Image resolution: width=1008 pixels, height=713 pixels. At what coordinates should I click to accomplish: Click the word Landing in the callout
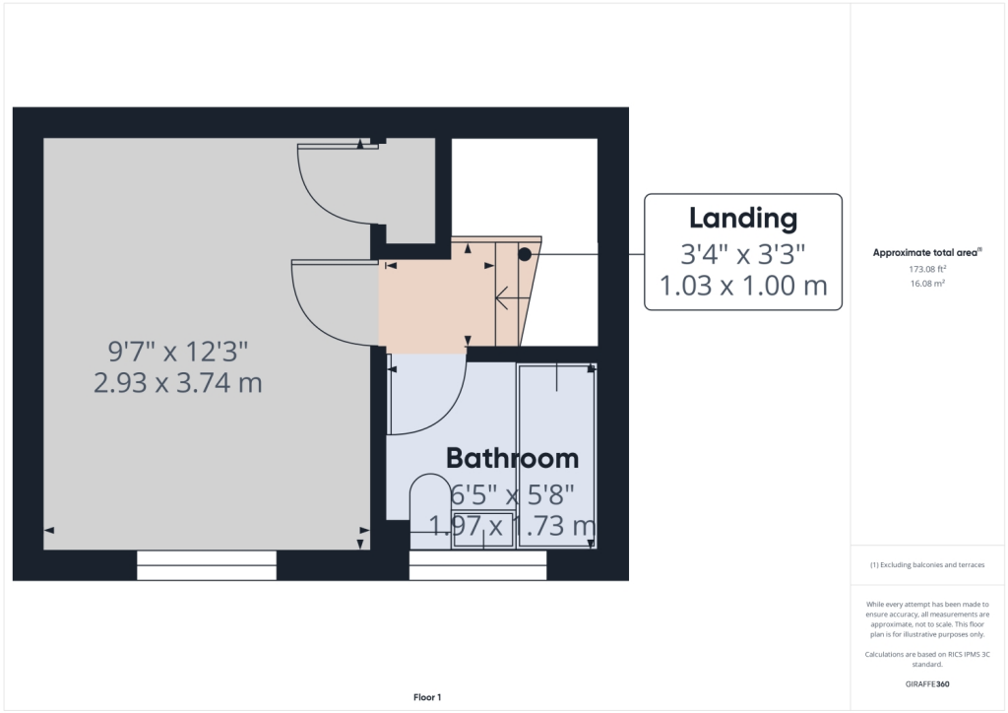743,220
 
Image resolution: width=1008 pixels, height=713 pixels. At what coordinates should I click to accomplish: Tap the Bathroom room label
512,458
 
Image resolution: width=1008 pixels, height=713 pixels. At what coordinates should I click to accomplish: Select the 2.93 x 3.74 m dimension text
178,383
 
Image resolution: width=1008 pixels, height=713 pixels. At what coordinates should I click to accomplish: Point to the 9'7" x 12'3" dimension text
178,352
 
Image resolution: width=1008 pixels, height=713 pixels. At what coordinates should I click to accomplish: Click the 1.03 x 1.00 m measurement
743,286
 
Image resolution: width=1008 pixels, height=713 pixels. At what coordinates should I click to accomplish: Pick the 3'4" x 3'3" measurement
743,255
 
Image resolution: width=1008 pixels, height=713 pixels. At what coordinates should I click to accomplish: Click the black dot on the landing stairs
525,255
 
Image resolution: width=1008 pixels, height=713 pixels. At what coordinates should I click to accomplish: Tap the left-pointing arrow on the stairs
512,297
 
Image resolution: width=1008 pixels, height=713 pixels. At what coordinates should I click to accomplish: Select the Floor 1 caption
427,697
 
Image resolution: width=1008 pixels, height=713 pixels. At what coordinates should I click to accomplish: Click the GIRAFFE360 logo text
927,684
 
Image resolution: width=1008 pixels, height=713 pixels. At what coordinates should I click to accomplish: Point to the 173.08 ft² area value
927,270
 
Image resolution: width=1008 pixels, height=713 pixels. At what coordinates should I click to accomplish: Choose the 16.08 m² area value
927,284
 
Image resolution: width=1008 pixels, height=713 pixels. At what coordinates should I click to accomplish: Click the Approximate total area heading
927,253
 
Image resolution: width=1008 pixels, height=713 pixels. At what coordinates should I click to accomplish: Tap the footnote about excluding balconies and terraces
927,565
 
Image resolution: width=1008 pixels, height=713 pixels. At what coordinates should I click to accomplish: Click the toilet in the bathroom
430,511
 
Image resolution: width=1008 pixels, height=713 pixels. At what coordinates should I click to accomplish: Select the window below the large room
207,565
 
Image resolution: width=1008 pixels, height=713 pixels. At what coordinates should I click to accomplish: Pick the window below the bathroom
477,565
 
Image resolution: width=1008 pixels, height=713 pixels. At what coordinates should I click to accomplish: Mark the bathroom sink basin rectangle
482,530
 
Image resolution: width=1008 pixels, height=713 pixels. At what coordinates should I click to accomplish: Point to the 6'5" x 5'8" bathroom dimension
512,495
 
